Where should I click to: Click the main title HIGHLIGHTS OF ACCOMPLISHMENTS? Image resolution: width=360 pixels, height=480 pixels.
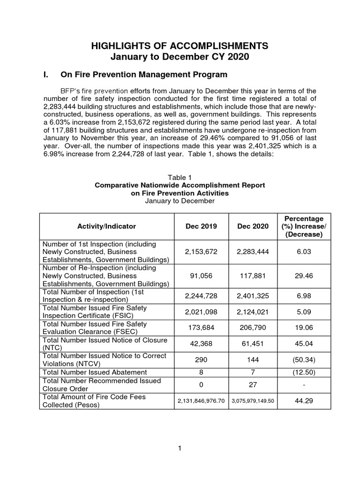point(180,45)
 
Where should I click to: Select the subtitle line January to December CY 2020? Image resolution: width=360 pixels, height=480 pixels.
point(180,58)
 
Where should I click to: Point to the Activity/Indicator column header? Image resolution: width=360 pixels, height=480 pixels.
point(106,226)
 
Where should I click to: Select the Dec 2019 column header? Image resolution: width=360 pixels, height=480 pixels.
point(201,226)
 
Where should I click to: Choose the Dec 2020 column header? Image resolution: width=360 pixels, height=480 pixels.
point(253,226)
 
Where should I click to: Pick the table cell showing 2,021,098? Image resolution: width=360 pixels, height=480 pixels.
point(201,312)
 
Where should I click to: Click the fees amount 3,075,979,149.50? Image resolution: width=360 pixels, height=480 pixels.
point(253,401)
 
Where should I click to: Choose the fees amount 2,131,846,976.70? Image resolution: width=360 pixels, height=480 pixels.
point(201,401)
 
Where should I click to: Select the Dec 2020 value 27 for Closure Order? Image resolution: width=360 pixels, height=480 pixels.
point(253,385)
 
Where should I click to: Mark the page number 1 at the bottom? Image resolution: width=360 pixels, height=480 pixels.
point(180,449)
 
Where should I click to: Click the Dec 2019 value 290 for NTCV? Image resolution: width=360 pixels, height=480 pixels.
point(201,360)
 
